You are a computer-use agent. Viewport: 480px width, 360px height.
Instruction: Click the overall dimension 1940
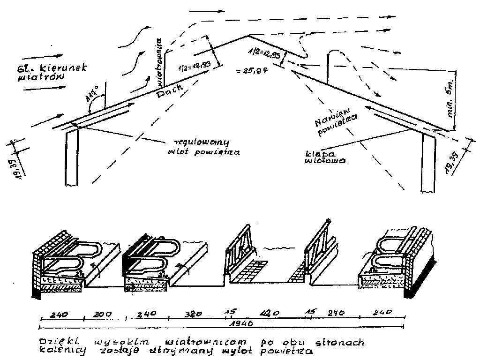(x=243, y=324)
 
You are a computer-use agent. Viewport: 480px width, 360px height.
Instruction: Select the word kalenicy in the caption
(x=58, y=350)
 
